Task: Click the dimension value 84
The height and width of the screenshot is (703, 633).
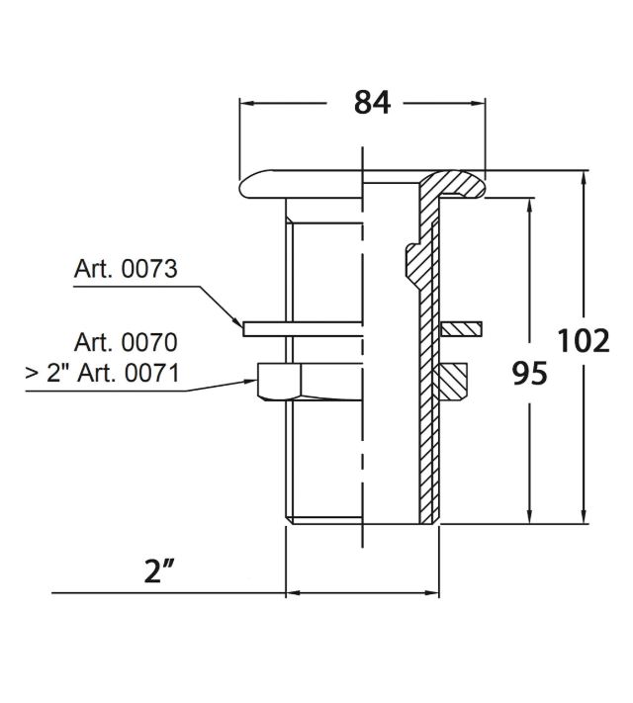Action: click(x=372, y=102)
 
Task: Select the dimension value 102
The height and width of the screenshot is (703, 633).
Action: click(x=583, y=341)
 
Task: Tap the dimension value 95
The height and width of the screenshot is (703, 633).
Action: click(x=530, y=373)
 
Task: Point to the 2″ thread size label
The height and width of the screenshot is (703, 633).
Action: click(x=159, y=571)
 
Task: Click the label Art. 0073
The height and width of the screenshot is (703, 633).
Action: click(x=126, y=268)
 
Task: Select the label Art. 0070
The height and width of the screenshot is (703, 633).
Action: click(x=126, y=342)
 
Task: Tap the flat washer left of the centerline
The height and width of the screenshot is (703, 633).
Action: click(x=302, y=328)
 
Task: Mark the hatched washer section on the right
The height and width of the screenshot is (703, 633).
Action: click(x=461, y=328)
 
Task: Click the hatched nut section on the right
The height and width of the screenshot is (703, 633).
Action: click(x=453, y=381)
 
